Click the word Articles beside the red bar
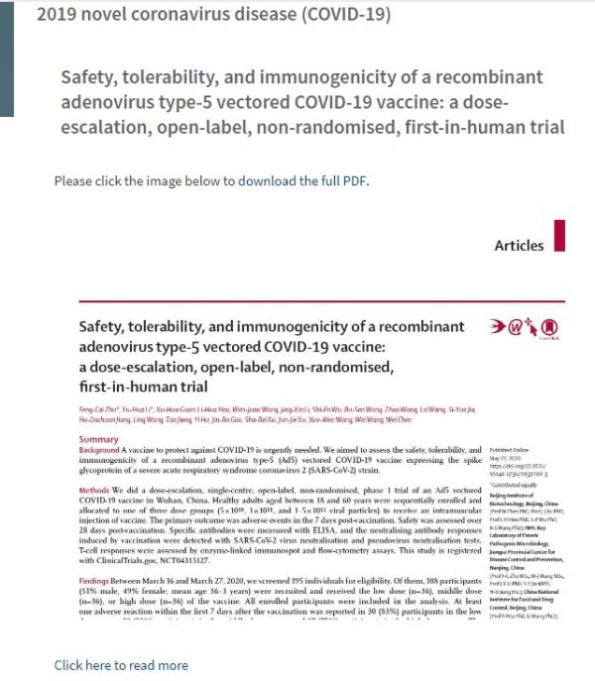pyautogui.click(x=519, y=245)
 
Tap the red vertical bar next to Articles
pyautogui.click(x=560, y=236)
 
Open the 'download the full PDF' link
pyautogui.click(x=301, y=181)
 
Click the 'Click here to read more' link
pyautogui.click(x=120, y=664)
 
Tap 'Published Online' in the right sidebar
pyautogui.click(x=515, y=450)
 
